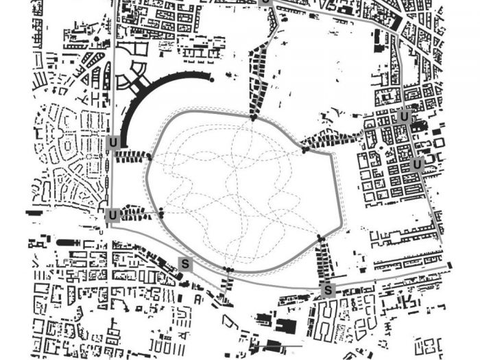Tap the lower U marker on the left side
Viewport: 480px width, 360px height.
[113, 216]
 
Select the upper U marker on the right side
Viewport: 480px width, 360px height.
[405, 117]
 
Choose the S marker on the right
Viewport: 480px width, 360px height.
[328, 290]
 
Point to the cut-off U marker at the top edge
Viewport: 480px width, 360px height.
[266, 2]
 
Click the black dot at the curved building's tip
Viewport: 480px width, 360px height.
[212, 80]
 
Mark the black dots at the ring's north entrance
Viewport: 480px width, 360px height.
[254, 118]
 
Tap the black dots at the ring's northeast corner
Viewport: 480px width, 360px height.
[304, 149]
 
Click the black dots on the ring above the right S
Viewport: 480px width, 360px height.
[320, 238]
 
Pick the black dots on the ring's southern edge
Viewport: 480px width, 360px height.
[228, 269]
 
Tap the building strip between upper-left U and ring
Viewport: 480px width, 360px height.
[130, 156]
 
